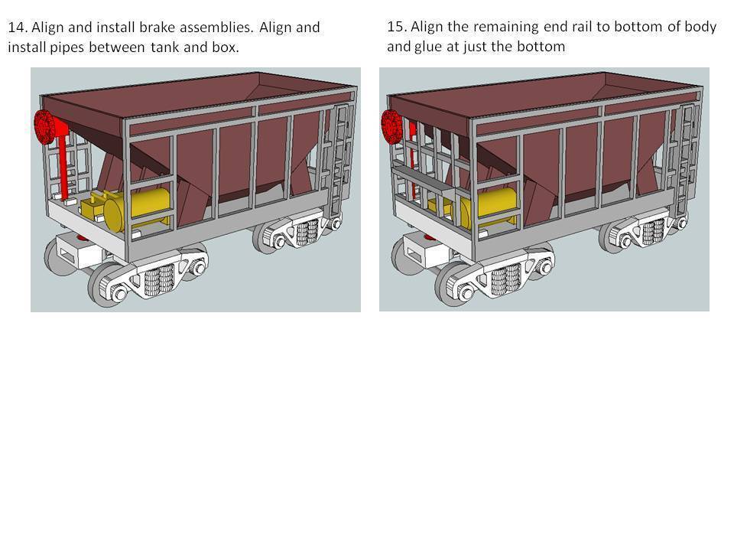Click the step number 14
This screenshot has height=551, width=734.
pos(17,28)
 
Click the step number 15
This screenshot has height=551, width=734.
pos(396,26)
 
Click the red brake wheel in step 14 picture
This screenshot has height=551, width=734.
pos(45,126)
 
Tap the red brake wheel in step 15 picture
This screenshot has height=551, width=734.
pos(392,126)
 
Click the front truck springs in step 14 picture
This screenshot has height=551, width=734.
pos(160,280)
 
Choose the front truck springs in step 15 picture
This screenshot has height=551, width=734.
pos(506,280)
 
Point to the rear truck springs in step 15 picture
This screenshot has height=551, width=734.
pos(653,232)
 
